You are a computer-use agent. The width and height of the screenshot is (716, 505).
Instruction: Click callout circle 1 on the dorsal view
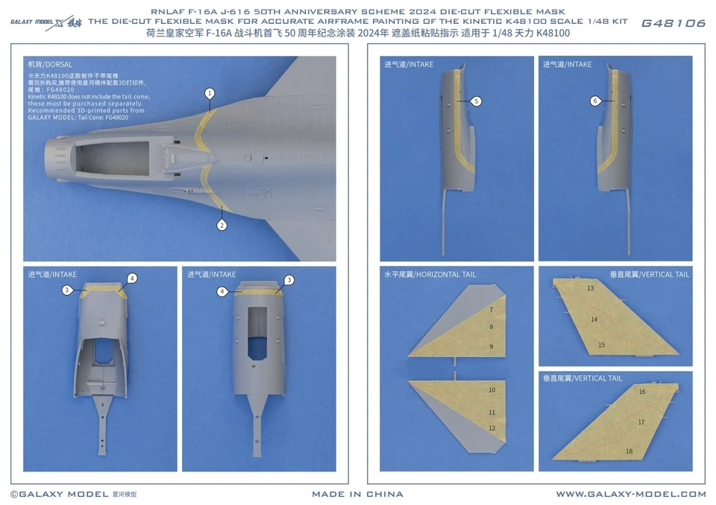(x=210, y=93)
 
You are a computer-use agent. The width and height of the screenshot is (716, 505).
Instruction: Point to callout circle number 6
(x=594, y=101)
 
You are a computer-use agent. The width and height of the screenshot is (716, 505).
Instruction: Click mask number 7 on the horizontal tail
(x=491, y=309)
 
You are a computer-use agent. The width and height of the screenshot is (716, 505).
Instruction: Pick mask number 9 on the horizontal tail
(x=491, y=346)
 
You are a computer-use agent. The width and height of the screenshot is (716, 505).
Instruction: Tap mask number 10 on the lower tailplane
(x=492, y=390)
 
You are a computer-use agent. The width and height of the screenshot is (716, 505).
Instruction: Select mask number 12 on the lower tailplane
(x=492, y=428)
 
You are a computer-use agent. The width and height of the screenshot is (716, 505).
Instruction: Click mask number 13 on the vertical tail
(x=590, y=288)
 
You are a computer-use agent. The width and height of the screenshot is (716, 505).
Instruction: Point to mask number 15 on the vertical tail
(x=601, y=345)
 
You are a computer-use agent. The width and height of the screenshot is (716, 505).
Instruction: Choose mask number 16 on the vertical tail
(x=641, y=391)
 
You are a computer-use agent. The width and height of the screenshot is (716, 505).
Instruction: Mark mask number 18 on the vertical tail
(x=629, y=451)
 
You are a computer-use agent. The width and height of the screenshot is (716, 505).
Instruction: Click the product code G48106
(x=673, y=23)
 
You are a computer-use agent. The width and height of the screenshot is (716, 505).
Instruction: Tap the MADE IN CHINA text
(x=357, y=494)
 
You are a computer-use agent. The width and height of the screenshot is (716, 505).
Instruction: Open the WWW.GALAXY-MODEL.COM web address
(x=630, y=494)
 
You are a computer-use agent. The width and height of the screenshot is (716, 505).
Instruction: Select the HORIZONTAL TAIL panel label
(x=430, y=275)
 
